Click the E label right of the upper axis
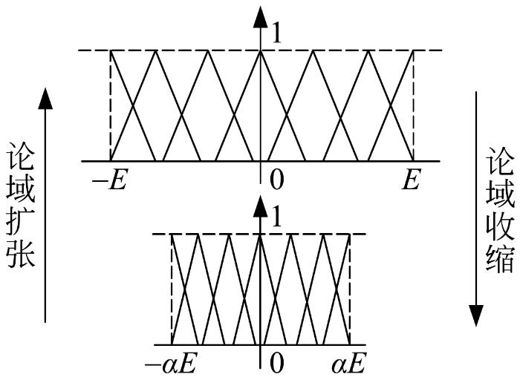pos(412,180)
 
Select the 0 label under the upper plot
pos(276,180)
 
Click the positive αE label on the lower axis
pos(348,364)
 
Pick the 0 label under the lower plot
pos(276,364)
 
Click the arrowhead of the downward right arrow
pos(475,315)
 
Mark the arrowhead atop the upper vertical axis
pos(260,16)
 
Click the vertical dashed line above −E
pos(111,105)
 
